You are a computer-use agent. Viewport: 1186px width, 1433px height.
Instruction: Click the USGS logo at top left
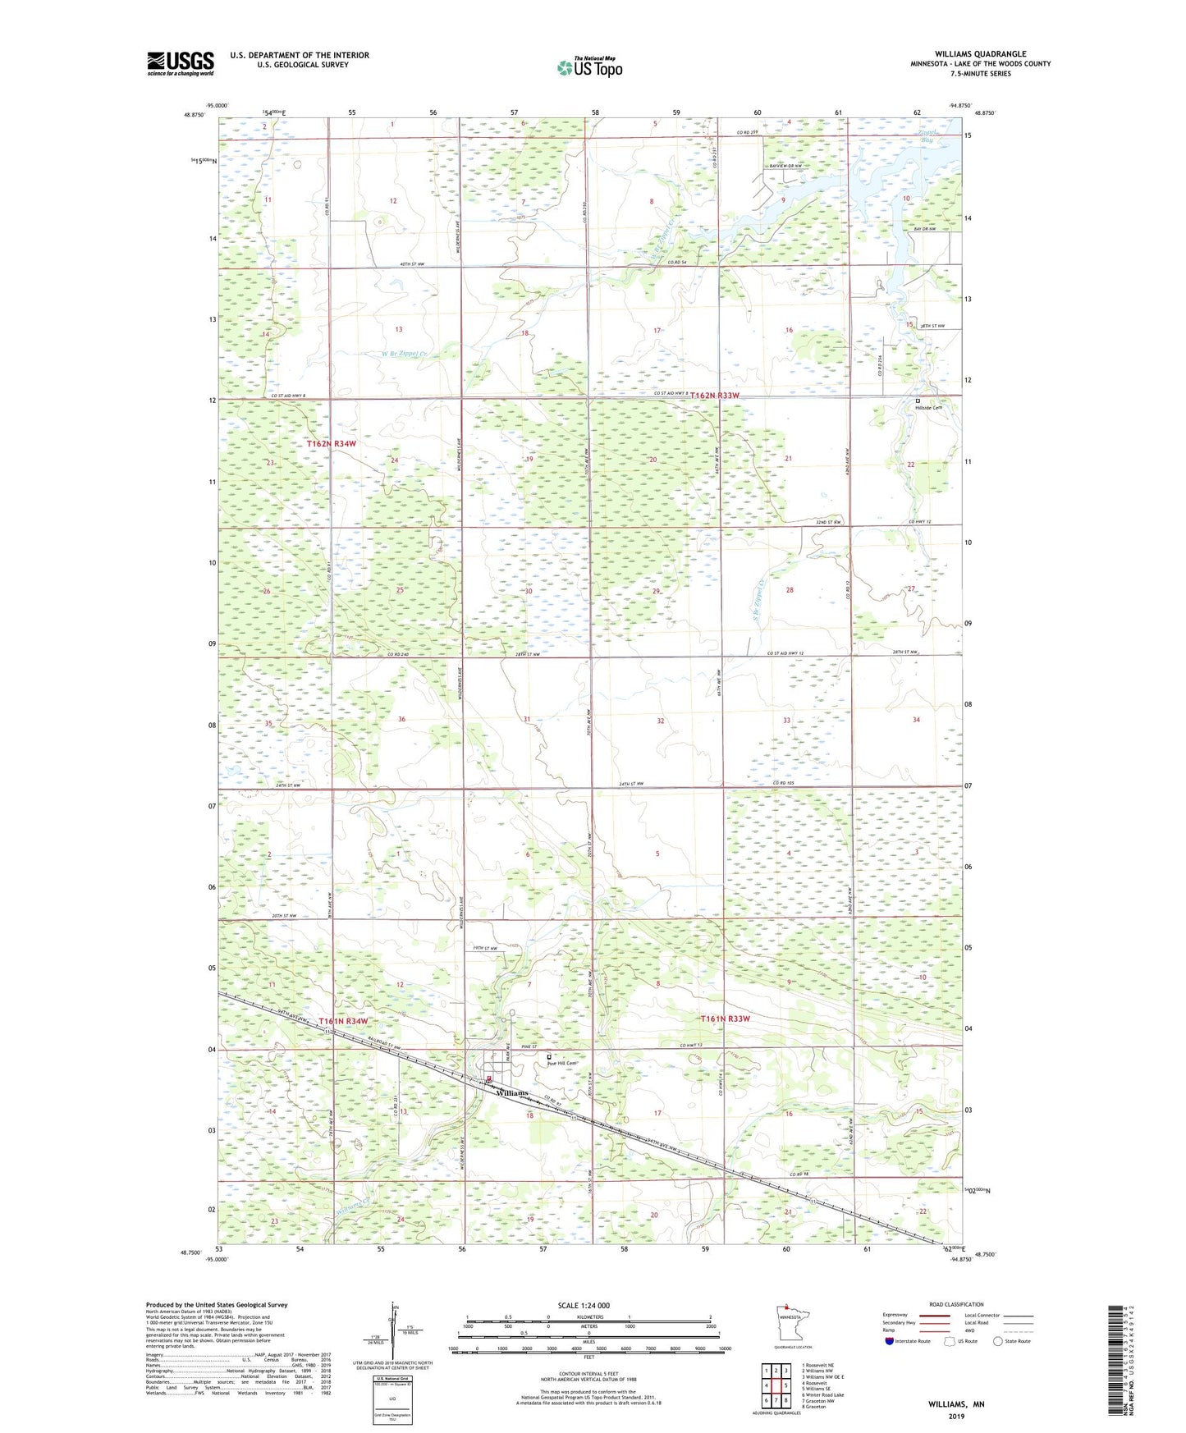pyautogui.click(x=181, y=63)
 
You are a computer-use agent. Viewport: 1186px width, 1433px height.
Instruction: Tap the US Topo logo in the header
pyautogui.click(x=588, y=67)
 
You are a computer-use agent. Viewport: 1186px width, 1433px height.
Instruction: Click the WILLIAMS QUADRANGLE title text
pyautogui.click(x=980, y=54)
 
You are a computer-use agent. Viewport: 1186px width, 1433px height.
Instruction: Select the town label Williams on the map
pyautogui.click(x=511, y=1093)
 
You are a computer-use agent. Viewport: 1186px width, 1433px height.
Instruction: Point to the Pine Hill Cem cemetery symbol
pyautogui.click(x=549, y=1057)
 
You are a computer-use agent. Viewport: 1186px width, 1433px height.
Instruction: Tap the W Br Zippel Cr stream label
pyautogui.click(x=404, y=354)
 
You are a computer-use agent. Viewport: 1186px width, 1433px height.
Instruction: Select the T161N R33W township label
pyautogui.click(x=725, y=1019)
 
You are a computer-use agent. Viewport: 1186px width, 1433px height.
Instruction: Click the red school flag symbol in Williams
pyautogui.click(x=488, y=1079)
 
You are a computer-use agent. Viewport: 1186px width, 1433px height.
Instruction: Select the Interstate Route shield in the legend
pyautogui.click(x=891, y=1341)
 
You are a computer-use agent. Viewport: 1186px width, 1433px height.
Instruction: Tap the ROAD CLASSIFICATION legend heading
pyautogui.click(x=956, y=1304)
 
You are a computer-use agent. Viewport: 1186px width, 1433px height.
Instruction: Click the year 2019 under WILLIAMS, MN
pyautogui.click(x=956, y=1417)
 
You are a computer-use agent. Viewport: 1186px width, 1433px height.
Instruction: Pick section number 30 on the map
pyautogui.click(x=529, y=591)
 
